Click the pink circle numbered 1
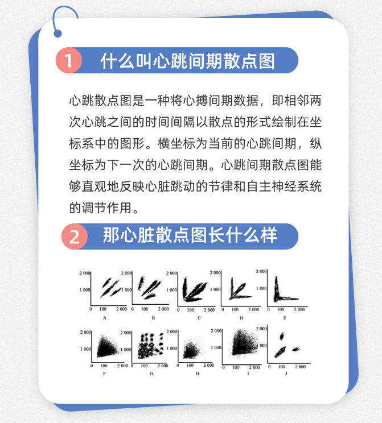[69, 61]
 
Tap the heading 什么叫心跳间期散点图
[187, 61]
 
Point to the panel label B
[153, 318]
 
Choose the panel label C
[199, 318]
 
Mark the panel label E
[285, 318]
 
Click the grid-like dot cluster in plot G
[150, 347]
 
